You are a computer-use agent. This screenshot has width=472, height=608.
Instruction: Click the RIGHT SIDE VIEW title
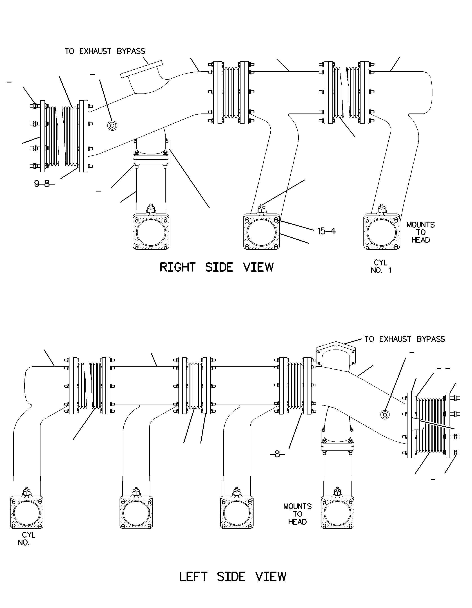(216, 267)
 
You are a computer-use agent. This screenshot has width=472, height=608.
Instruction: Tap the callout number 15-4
(326, 231)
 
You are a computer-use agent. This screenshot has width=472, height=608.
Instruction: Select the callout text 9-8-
(44, 184)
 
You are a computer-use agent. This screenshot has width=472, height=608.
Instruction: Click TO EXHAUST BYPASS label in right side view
(105, 51)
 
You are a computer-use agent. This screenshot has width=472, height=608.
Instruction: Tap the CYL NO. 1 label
(381, 266)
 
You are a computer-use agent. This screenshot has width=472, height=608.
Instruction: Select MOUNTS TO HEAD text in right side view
(421, 232)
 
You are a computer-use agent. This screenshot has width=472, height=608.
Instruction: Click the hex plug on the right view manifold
(112, 126)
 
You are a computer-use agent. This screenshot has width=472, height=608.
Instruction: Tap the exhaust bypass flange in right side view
(141, 69)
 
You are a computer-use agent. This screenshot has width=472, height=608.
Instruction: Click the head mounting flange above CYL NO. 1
(382, 232)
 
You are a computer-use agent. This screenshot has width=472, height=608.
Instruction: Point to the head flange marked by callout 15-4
(262, 232)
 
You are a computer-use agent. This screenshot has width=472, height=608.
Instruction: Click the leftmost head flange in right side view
(151, 232)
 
